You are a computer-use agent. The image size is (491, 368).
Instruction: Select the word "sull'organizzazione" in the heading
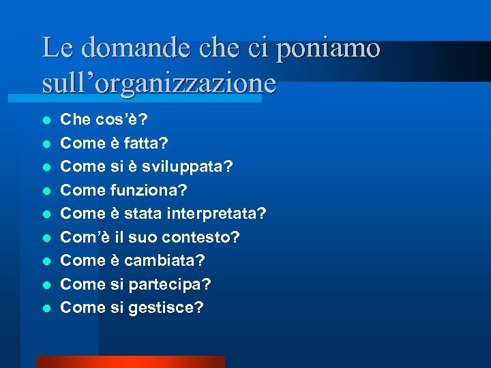pos(159,83)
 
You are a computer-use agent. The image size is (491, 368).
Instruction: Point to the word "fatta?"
pos(147,144)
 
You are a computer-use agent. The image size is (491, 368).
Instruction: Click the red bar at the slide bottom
pos(130,362)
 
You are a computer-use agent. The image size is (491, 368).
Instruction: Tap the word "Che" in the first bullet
pos(76,120)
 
